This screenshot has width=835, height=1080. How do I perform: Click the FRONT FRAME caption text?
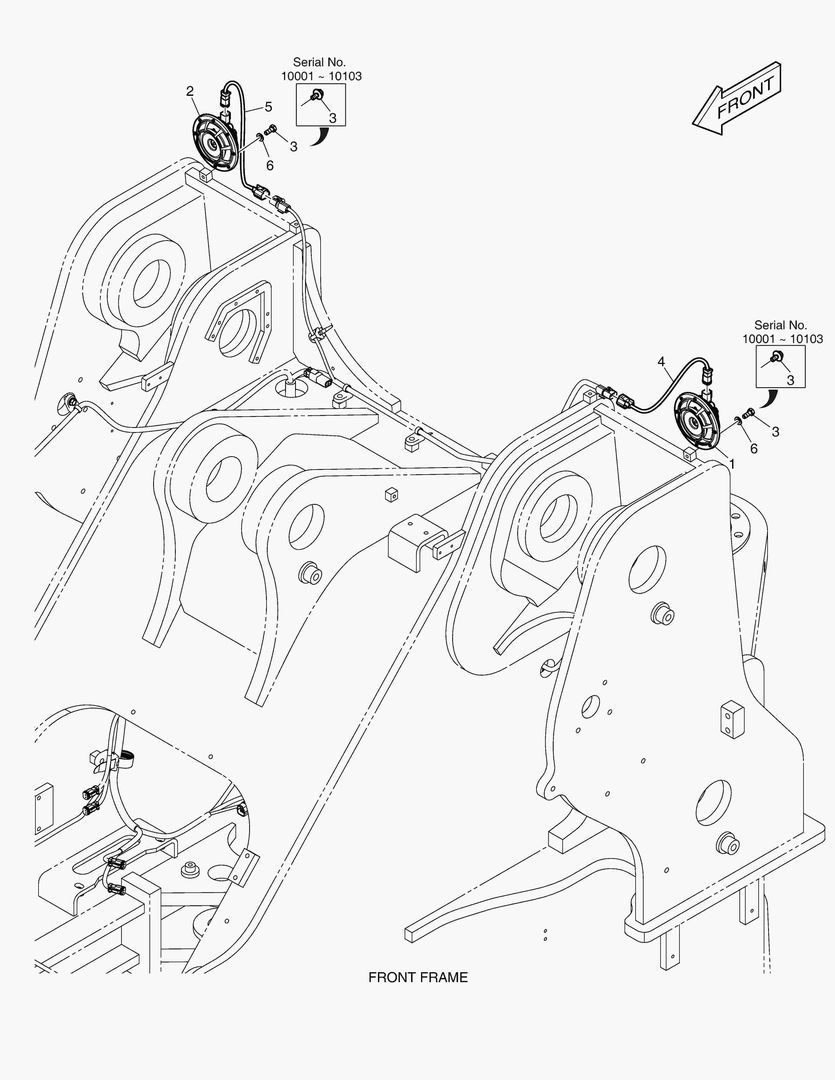point(417,977)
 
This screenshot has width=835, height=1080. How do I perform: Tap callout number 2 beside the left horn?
point(190,92)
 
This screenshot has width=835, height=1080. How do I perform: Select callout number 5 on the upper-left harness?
point(269,107)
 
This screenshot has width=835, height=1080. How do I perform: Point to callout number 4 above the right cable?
point(661,361)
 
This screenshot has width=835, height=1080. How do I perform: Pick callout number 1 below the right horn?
point(731,464)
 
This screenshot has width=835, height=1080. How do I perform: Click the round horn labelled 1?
point(697,424)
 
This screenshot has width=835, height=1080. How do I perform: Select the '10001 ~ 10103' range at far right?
point(782,339)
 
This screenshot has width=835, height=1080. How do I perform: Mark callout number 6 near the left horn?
point(269,166)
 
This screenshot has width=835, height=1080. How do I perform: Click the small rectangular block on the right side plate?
point(733,718)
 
